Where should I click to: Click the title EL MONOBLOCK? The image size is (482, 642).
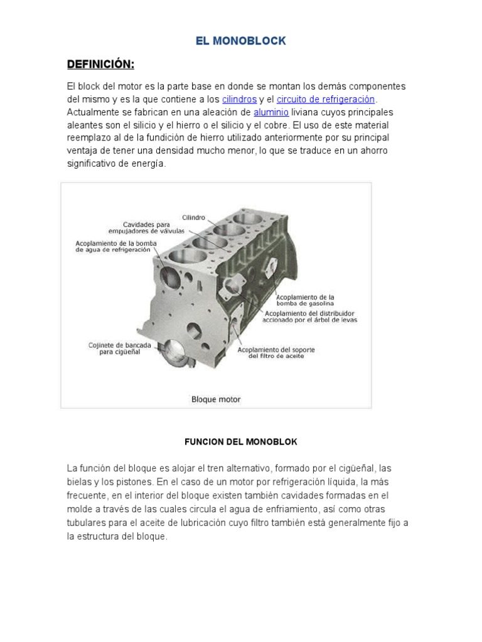click(x=241, y=41)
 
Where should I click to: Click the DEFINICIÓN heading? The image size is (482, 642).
click(x=100, y=65)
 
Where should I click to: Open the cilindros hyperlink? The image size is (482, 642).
click(x=239, y=99)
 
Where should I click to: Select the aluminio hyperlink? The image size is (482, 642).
click(x=271, y=112)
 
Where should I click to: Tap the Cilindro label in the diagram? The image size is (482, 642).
click(x=194, y=217)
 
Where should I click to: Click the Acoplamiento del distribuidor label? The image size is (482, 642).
click(x=310, y=315)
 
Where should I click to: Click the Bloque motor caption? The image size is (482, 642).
click(x=215, y=399)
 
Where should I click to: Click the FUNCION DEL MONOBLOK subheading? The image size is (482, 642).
click(x=240, y=442)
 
